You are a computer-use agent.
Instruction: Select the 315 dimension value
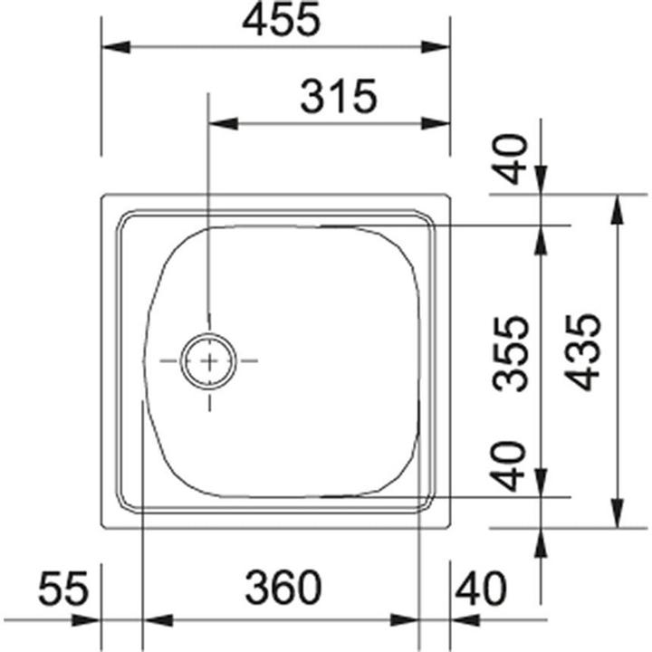pos(338,97)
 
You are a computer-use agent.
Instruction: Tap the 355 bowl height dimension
pos(515,353)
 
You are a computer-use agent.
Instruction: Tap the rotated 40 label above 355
pos(513,158)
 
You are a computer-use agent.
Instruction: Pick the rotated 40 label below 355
pos(513,465)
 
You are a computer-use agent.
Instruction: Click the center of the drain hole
pos(209,361)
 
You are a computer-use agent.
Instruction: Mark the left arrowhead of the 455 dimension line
pos(112,48)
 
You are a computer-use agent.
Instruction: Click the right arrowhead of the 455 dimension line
pos(438,48)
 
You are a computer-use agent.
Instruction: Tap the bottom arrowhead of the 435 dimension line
pos(618,514)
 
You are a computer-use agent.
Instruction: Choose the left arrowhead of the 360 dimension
pos(158,620)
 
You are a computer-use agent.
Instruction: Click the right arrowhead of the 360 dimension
pos(407,620)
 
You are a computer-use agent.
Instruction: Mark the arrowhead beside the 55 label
pos(87,620)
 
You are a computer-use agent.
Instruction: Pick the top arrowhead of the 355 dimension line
pos(541,238)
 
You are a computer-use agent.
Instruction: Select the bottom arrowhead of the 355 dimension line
pos(541,484)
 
